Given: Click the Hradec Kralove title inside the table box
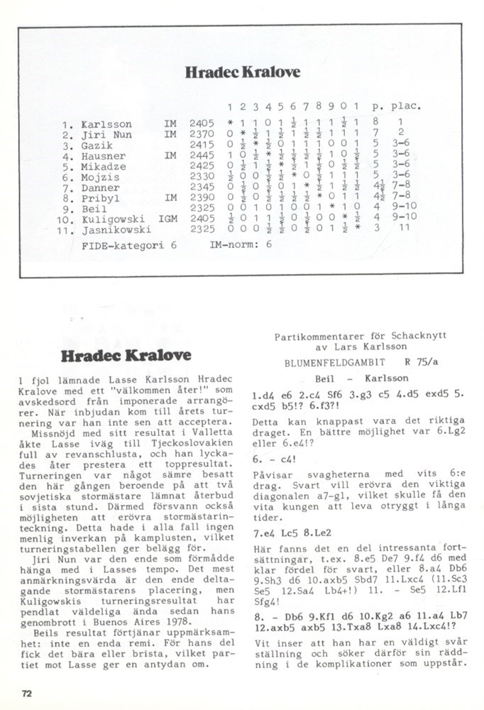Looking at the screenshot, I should pyautogui.click(x=242, y=72).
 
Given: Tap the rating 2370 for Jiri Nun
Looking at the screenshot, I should pyautogui.click(x=202, y=134).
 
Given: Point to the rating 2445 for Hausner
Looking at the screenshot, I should pyautogui.click(x=202, y=155).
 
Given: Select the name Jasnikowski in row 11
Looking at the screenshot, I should pyautogui.click(x=116, y=230).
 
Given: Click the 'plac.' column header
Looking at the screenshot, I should pyautogui.click(x=406, y=106).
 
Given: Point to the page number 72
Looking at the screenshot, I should pyautogui.click(x=27, y=692).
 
